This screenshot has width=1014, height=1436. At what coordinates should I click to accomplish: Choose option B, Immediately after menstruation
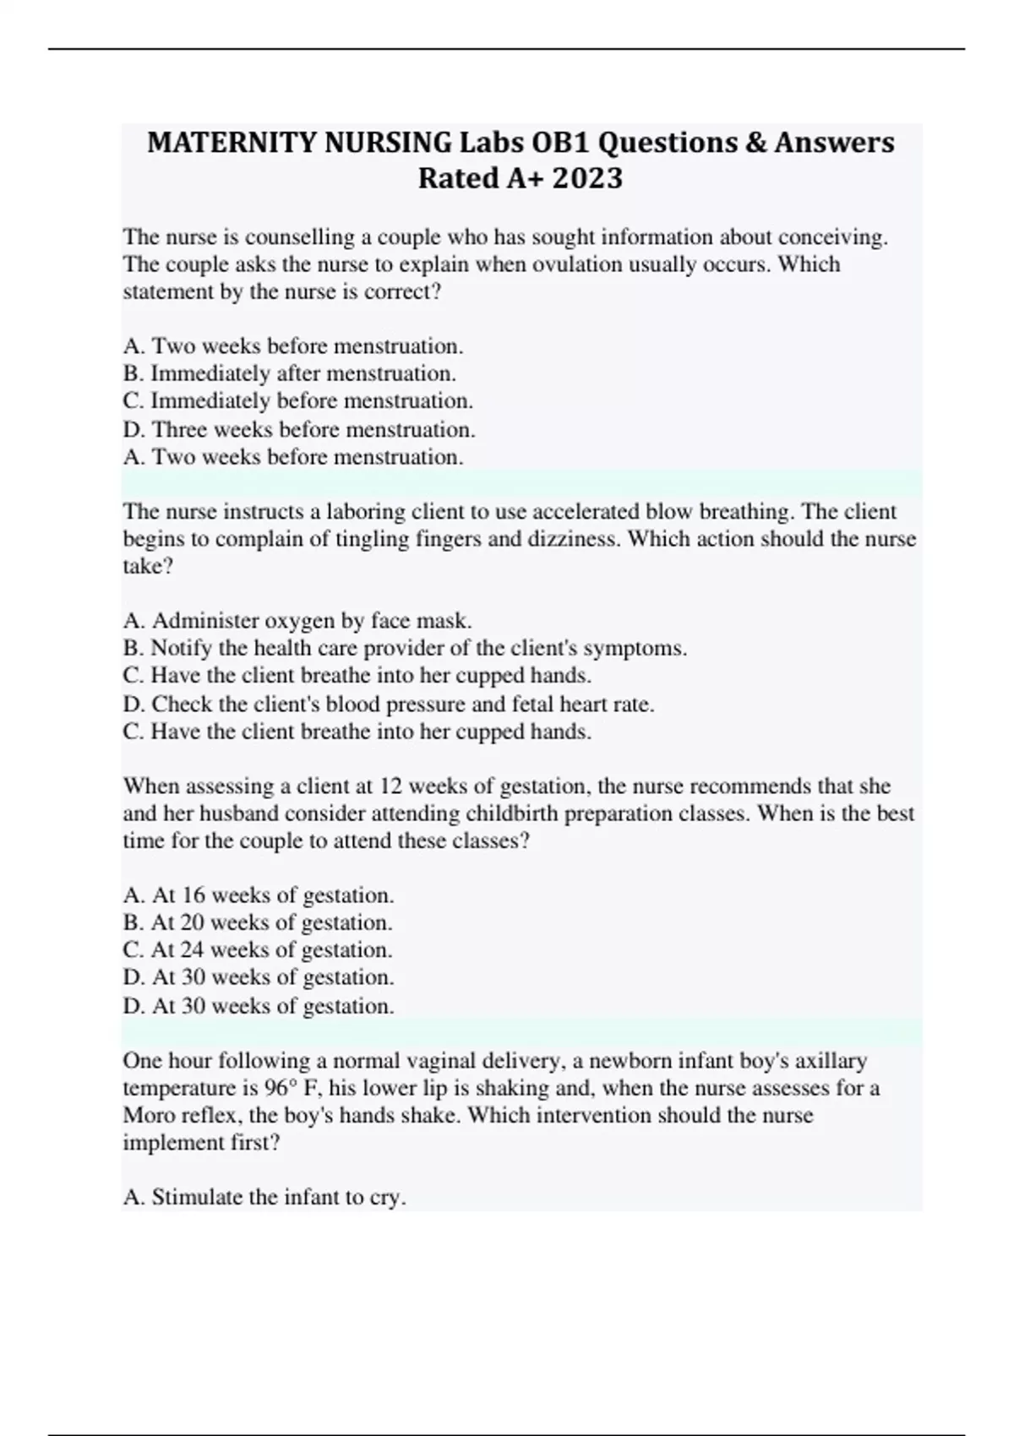(290, 373)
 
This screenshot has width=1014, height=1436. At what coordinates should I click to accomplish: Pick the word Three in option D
(179, 429)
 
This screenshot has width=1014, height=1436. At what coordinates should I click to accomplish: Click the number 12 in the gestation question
(390, 786)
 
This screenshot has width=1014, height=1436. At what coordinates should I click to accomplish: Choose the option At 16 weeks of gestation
(259, 895)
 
